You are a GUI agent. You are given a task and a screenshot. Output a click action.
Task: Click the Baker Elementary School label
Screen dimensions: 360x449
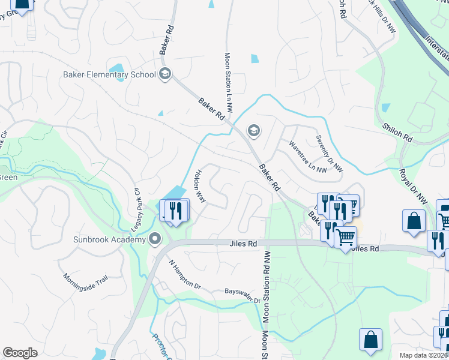[109, 75]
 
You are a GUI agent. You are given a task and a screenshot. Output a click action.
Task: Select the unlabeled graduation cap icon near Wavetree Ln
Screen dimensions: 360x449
[253, 131]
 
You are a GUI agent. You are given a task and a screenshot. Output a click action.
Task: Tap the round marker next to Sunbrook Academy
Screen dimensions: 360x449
[155, 240]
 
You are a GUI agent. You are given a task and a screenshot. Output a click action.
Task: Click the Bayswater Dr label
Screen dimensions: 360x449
[243, 292]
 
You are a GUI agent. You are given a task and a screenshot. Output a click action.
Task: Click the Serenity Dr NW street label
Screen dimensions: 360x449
[330, 153]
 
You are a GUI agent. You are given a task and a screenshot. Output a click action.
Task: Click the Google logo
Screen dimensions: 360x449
[20, 353]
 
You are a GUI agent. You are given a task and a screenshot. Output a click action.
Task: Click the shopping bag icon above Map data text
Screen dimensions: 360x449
[371, 339]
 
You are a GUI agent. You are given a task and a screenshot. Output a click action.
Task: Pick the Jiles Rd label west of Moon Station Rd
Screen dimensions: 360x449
[243, 244]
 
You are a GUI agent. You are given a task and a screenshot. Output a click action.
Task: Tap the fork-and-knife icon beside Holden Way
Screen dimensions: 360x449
[175, 210]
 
